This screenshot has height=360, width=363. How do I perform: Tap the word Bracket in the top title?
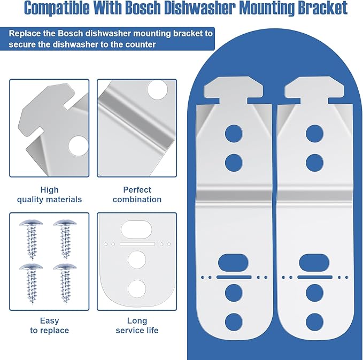322,8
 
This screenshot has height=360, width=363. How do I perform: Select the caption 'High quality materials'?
49,195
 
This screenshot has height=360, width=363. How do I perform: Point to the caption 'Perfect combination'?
137,195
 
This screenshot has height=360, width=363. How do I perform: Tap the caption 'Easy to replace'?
49,325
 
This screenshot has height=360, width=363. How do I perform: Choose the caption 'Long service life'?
137,325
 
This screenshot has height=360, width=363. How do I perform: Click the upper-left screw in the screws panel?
31,239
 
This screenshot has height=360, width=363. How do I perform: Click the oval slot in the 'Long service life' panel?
136,229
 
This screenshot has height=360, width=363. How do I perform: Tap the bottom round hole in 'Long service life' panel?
137,289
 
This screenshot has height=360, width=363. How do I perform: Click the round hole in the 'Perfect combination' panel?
158,90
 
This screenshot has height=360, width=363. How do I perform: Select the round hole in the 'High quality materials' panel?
78,146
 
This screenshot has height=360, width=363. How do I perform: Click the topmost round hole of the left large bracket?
234,133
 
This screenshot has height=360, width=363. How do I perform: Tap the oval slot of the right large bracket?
314,263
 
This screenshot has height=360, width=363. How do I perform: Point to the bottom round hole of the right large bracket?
314,322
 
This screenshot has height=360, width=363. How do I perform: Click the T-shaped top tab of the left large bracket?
233,90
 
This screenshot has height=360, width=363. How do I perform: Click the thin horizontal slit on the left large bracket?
234,277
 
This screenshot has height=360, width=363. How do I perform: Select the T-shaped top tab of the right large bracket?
314,90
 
